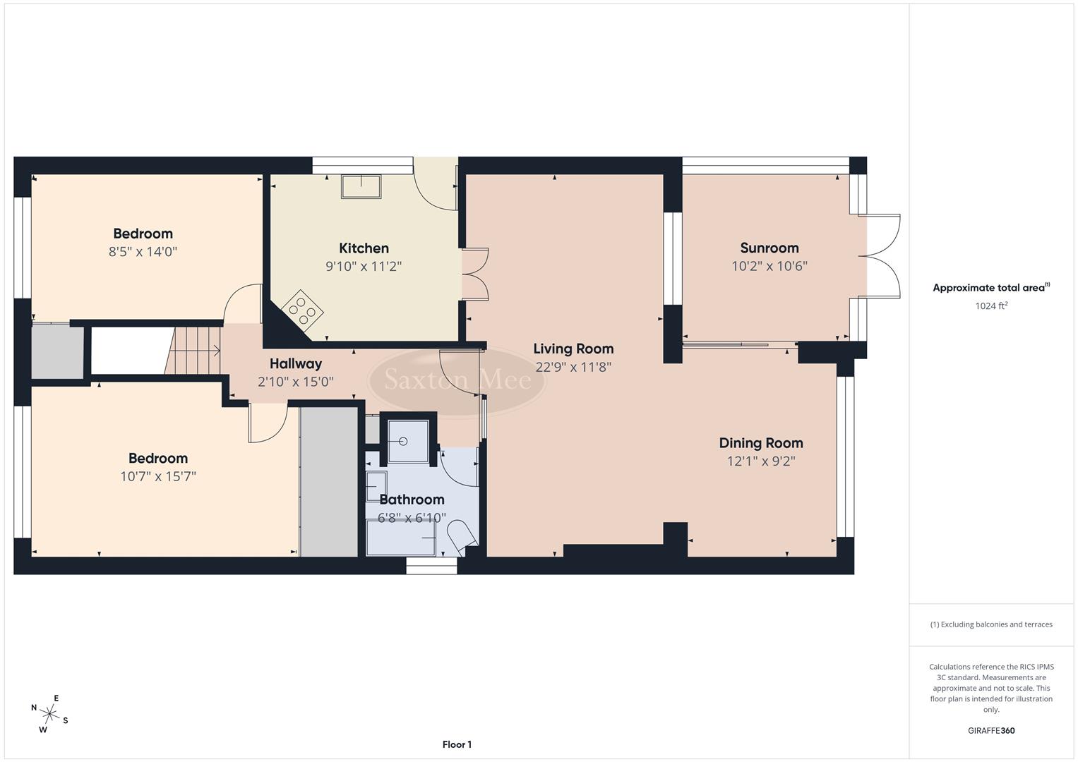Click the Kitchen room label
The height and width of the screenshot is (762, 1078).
(364, 248)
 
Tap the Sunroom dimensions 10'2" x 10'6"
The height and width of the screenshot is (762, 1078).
(769, 266)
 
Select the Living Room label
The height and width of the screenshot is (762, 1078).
(573, 349)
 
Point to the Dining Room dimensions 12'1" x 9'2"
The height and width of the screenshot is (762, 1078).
(760, 461)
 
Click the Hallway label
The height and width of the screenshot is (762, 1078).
(295, 364)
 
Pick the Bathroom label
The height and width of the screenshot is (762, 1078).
(412, 500)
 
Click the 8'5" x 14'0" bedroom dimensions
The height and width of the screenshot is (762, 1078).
(143, 252)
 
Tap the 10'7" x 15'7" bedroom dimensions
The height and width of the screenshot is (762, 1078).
(157, 476)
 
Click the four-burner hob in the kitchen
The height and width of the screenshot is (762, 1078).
(303, 311)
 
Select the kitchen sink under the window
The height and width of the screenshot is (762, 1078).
(361, 187)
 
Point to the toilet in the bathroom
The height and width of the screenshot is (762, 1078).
(462, 535)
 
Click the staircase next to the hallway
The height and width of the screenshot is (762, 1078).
(194, 350)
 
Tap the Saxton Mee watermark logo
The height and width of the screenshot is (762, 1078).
(457, 380)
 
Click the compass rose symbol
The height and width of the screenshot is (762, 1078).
(49, 713)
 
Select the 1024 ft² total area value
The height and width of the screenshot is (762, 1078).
(990, 306)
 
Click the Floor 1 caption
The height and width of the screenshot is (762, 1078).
(457, 744)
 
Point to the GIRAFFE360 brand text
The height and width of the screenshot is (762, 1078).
(990, 731)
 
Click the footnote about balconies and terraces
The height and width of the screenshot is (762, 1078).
(990, 624)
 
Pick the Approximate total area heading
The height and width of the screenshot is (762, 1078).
(990, 288)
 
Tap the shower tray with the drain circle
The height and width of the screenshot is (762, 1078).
(404, 442)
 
